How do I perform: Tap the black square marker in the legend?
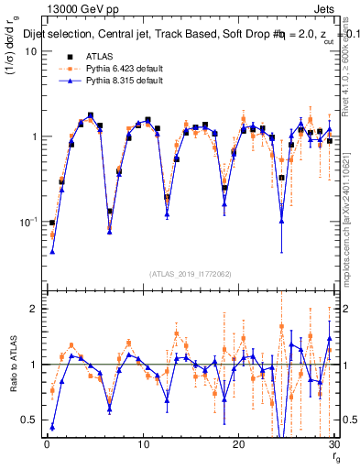click(x=65, y=56)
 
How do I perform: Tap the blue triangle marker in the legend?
click(x=65, y=81)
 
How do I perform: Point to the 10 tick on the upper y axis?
click(x=29, y=51)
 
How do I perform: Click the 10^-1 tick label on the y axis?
click(x=27, y=222)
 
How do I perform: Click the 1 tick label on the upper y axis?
click(x=32, y=136)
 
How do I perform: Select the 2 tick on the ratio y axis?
click(x=32, y=309)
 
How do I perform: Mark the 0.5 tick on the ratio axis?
click(x=27, y=420)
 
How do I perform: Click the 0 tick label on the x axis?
click(x=47, y=444)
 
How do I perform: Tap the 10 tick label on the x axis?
click(x=143, y=444)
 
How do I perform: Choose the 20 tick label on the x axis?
click(x=239, y=444)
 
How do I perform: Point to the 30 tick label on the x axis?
click(x=333, y=444)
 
